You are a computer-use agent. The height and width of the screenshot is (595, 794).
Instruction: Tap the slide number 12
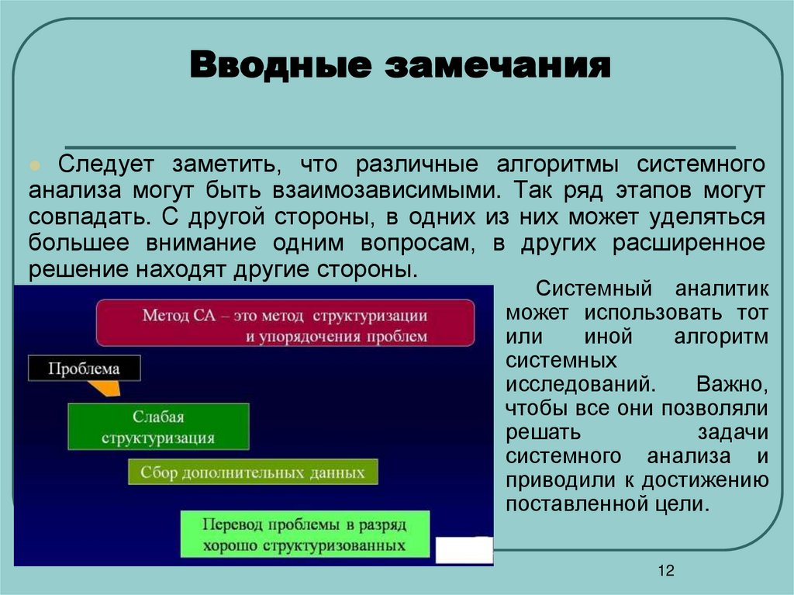click(665, 571)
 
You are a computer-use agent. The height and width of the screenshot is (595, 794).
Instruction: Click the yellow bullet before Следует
click(34, 167)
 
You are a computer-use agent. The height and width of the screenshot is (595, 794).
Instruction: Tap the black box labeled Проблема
click(85, 368)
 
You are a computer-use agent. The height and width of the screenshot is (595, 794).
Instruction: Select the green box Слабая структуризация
click(158, 427)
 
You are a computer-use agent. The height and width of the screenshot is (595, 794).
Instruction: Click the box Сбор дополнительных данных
click(253, 472)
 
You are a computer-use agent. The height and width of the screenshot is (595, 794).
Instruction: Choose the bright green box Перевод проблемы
click(304, 534)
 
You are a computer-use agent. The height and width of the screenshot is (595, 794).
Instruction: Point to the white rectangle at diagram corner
click(464, 550)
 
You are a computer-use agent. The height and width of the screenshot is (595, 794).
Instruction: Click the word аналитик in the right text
click(721, 289)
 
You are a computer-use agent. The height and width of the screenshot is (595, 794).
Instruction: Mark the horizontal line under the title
click(399, 147)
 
